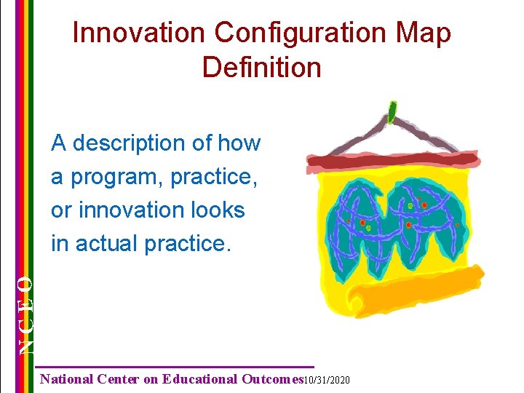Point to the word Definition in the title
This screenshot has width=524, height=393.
point(262,68)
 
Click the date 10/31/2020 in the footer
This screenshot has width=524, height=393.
point(326,380)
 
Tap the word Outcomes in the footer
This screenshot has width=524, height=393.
point(271,379)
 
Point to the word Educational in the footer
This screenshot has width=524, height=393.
point(200,379)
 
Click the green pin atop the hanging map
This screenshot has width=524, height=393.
point(392,112)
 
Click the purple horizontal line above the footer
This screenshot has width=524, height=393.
point(175,366)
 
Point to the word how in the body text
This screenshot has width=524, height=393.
point(239,143)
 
